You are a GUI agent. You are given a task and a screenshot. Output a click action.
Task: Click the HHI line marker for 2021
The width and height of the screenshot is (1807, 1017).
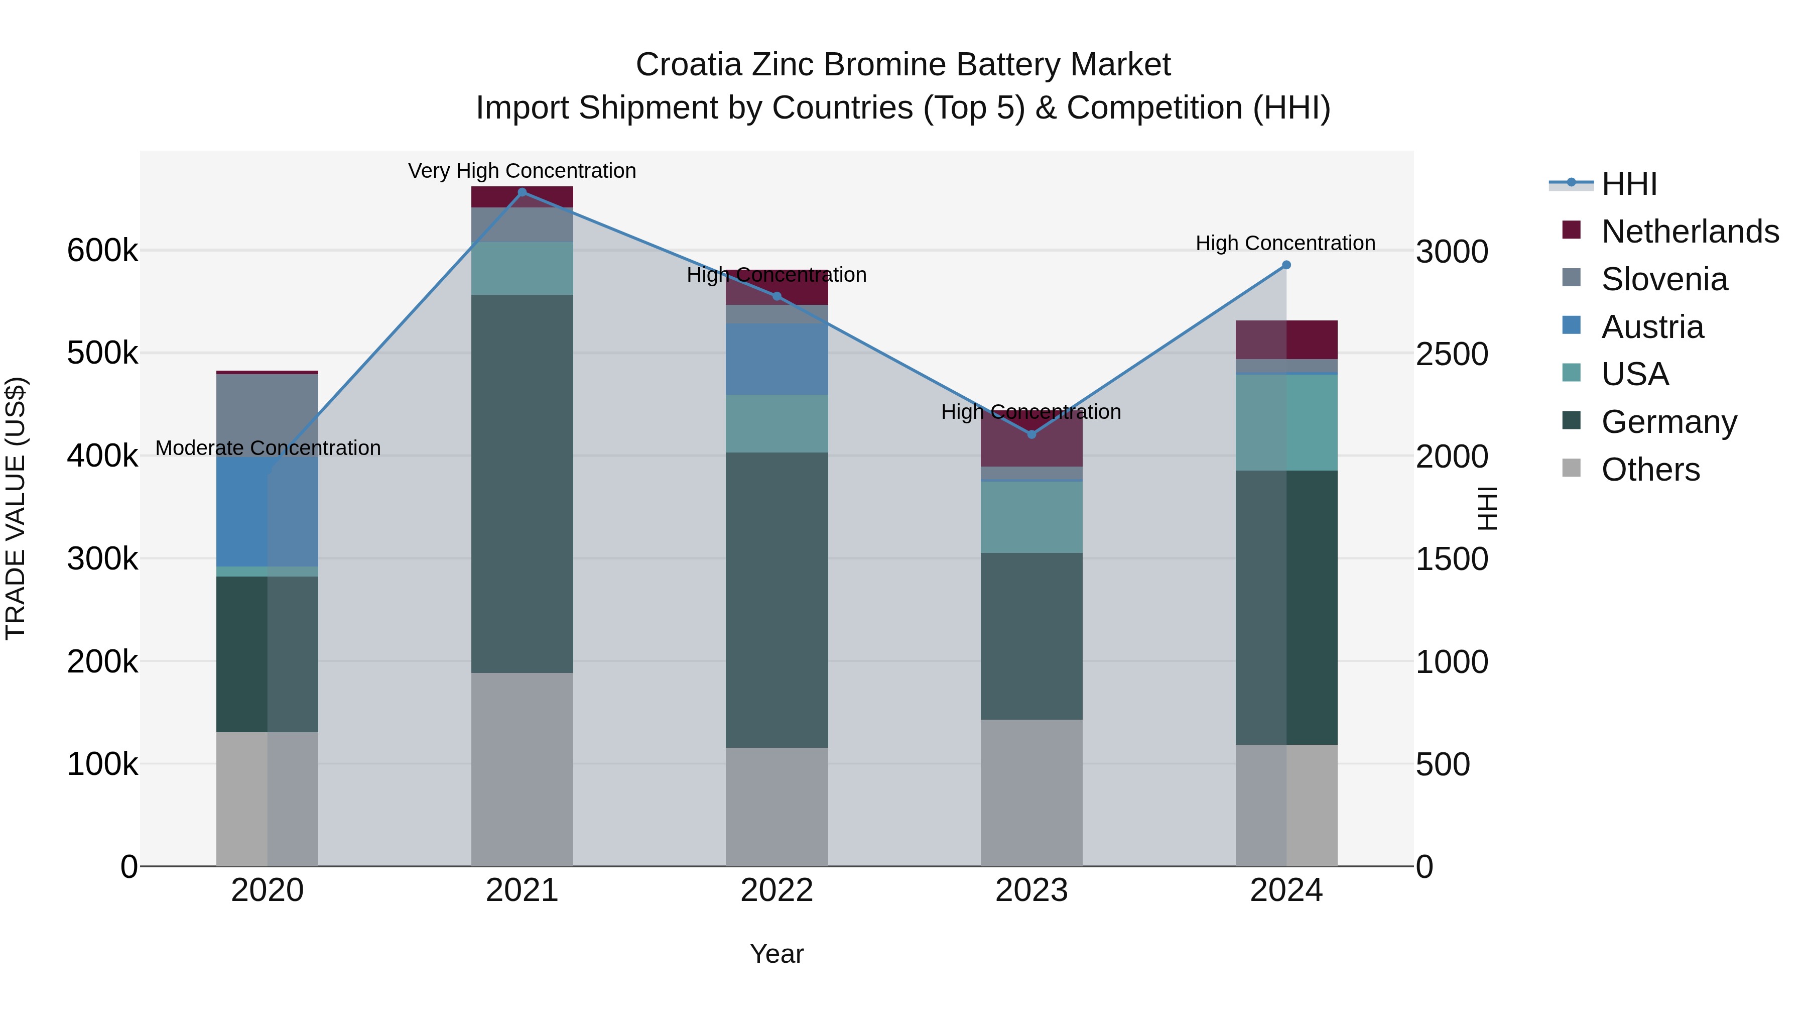pos(522,192)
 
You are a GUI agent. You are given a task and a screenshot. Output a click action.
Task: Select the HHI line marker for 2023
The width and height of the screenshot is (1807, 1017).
pos(1031,434)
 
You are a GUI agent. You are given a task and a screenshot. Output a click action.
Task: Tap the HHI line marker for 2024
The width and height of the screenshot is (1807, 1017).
pos(1286,265)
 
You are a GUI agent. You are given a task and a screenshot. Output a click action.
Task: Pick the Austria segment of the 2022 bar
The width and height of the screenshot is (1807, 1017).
pos(777,359)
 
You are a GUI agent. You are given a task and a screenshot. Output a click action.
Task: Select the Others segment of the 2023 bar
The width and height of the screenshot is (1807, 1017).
pos(1031,793)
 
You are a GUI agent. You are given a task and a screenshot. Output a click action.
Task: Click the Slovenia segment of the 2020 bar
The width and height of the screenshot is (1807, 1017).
pos(267,415)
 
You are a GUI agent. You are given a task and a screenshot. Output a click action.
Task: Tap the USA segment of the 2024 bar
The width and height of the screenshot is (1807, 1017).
pos(1286,422)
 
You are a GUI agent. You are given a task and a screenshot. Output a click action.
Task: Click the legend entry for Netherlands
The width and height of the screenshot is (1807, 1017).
pos(1689,232)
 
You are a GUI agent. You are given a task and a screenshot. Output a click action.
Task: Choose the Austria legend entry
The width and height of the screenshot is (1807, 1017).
pos(1652,327)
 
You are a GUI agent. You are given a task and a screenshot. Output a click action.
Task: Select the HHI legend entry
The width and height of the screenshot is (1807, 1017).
pos(1629,184)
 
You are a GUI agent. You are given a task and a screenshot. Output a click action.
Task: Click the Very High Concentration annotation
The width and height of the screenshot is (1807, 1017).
pos(522,171)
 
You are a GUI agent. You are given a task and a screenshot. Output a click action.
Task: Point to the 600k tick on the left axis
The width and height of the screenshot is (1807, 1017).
pos(102,251)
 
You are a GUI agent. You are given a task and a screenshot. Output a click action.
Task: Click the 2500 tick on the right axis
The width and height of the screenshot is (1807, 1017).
pos(1451,354)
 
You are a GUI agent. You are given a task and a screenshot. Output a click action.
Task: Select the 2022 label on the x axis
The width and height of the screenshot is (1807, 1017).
pos(777,890)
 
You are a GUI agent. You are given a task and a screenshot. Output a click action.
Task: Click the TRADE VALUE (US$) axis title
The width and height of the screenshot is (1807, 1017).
pos(16,508)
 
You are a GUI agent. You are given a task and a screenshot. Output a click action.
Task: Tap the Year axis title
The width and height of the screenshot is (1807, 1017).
pos(777,954)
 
